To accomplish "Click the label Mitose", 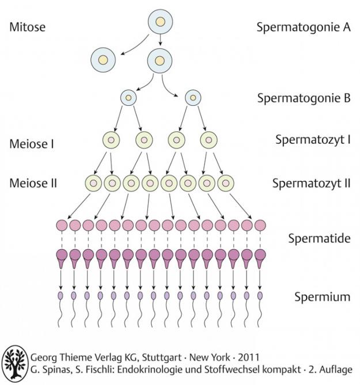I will [27, 26].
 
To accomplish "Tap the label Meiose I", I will [32, 142].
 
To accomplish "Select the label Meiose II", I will [33, 184].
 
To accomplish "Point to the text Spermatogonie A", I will [304, 26].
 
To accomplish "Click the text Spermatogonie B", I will [304, 98].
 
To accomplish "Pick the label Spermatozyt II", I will [312, 184].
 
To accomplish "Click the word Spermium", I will [323, 297].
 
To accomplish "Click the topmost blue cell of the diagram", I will [160, 23].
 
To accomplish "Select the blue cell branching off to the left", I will [103, 59].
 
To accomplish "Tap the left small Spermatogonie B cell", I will [128, 98].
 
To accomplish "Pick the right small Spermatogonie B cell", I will [192, 98].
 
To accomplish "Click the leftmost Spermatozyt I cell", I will [112, 140].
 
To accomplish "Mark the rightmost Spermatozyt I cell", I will [209, 140].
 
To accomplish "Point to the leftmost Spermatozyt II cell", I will [94, 184].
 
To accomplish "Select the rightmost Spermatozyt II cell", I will [225, 184].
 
